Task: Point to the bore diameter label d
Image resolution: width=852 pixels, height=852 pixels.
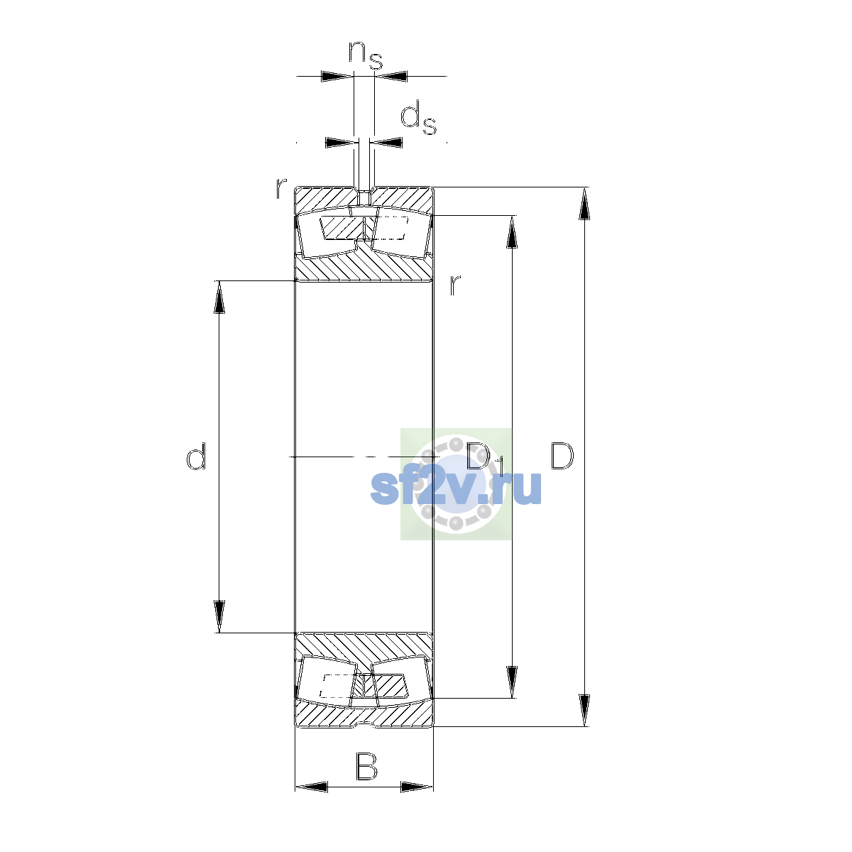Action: (196, 456)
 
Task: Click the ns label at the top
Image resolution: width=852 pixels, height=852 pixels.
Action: (366, 55)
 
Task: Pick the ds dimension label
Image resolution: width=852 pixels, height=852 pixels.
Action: (418, 118)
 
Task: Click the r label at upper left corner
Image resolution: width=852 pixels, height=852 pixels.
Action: (281, 188)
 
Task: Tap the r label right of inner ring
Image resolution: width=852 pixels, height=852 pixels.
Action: (455, 285)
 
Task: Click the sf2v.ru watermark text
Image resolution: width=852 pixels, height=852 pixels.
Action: (456, 488)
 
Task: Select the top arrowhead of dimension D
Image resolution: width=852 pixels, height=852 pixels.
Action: (584, 203)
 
